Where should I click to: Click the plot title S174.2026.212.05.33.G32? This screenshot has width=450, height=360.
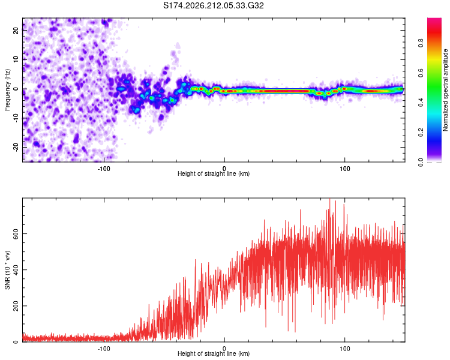click(213, 5)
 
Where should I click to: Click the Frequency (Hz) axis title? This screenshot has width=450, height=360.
click(7, 90)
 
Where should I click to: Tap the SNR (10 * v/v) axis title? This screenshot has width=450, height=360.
click(7, 270)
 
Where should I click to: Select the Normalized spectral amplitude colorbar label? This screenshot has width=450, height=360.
click(445, 90)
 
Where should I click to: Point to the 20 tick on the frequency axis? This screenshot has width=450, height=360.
click(16, 30)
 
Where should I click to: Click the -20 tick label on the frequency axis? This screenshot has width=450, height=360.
click(16, 147)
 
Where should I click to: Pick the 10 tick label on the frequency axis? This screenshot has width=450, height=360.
click(16, 59)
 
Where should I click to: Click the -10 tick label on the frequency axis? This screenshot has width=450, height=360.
click(16, 118)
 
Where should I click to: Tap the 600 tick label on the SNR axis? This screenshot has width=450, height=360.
click(16, 234)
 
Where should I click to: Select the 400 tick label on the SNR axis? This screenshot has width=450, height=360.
click(16, 270)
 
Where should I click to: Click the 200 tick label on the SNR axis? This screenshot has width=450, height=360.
click(16, 306)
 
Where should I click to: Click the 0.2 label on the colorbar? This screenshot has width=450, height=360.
click(421, 133)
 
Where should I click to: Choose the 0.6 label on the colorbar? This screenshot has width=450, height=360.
click(421, 73)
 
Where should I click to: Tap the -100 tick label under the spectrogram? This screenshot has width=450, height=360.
click(104, 169)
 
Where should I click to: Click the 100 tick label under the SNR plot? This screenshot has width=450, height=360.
click(344, 349)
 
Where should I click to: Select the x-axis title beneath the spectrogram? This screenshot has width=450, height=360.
click(214, 173)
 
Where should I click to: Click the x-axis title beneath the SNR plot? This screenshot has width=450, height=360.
click(214, 353)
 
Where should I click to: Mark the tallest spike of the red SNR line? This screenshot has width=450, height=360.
click(329, 199)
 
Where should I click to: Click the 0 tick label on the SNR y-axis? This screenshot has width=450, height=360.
click(16, 341)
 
